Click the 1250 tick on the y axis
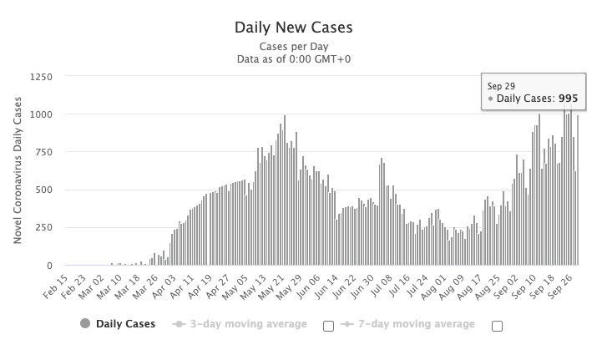point(41,77)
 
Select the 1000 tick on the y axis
point(41,114)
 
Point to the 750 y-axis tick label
point(44,152)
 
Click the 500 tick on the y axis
point(44,190)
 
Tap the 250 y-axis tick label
point(44,227)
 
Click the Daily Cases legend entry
point(124,324)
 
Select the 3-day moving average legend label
point(247,324)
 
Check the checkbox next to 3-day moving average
point(328,326)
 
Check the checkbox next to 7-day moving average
point(497,326)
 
